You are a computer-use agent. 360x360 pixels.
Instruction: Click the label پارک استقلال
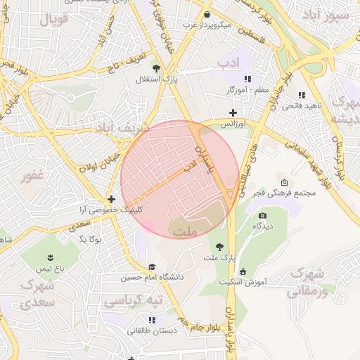click(157, 80)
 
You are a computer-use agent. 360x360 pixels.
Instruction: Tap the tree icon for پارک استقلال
click(155, 68)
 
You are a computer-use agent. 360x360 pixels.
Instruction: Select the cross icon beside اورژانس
click(233, 112)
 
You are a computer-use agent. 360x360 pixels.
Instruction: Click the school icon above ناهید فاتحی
click(302, 95)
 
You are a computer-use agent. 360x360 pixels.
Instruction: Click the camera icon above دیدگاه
click(263, 215)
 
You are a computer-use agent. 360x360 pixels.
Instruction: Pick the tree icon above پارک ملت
click(220, 247)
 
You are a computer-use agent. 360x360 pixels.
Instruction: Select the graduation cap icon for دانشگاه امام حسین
click(152, 266)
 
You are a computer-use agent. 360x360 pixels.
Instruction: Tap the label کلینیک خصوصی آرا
click(110, 210)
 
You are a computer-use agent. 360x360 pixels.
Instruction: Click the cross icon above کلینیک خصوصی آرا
click(111, 199)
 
